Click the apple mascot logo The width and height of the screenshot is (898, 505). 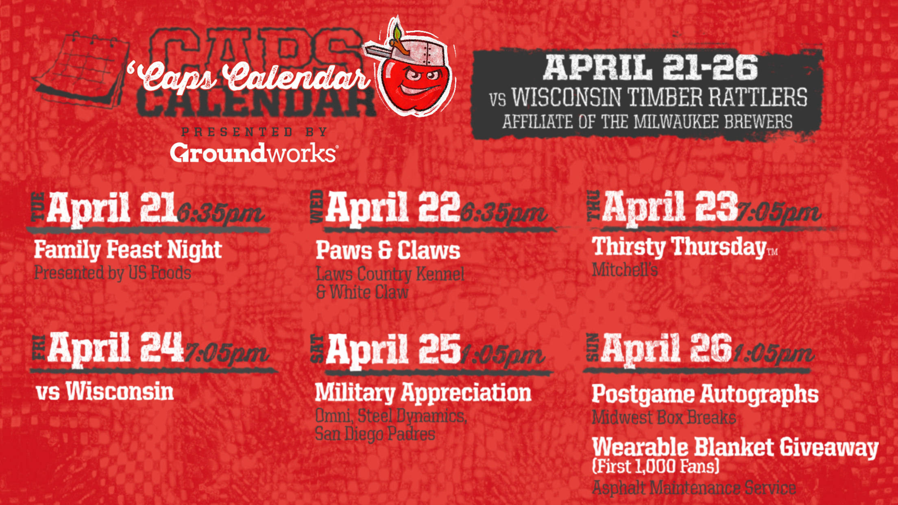tap(411, 69)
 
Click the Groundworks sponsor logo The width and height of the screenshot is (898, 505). tap(253, 153)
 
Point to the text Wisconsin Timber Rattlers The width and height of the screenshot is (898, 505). tap(659, 98)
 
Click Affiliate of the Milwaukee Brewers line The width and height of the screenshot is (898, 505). tap(647, 122)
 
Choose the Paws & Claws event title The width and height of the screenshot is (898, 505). tap(388, 250)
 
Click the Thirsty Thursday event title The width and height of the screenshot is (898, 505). tap(679, 247)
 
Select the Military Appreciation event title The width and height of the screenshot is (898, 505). tap(423, 393)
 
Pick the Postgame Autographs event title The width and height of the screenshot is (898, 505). tap(705, 394)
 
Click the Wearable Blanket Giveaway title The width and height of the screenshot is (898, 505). tap(735, 447)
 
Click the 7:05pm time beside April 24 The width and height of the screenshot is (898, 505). tap(226, 354)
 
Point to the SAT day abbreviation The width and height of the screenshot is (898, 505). tap(317, 349)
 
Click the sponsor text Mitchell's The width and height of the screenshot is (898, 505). tap(625, 270)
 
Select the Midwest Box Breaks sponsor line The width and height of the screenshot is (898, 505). tap(664, 418)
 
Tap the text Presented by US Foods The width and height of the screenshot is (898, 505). tap(113, 273)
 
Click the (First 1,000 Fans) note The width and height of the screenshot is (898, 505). tap(656, 466)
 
